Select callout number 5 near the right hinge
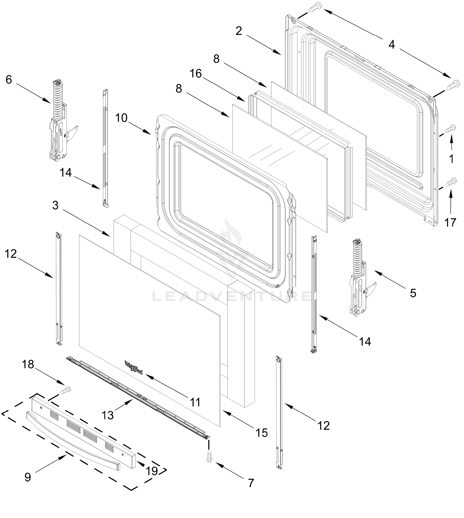(413, 293)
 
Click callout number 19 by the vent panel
(152, 471)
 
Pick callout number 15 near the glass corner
(262, 433)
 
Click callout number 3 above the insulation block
(55, 205)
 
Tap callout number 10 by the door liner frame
(121, 118)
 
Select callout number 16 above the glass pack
(195, 74)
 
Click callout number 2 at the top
(238, 31)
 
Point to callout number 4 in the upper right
(392, 44)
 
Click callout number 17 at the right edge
(450, 222)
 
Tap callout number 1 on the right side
(451, 159)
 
